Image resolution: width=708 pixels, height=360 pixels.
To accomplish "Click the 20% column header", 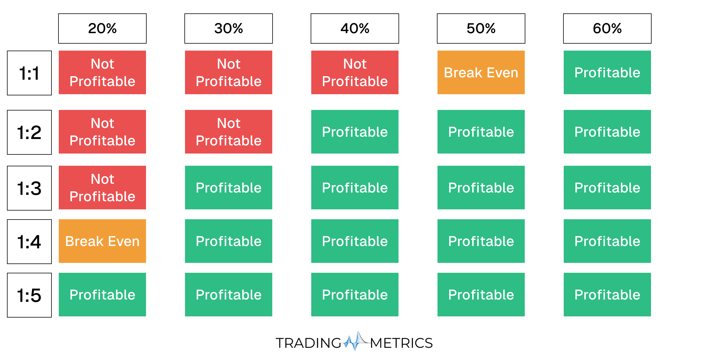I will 102,28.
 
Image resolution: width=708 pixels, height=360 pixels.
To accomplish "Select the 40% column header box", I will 355,28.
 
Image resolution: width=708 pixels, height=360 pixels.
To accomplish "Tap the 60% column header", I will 607,28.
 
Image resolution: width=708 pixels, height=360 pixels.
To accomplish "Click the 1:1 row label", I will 29,73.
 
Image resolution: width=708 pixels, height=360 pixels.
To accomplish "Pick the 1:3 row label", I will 29,188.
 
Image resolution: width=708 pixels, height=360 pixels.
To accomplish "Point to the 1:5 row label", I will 29,295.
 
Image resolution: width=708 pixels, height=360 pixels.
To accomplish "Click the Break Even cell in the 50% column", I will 481,72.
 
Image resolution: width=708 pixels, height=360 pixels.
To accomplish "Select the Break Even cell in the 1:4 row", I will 102,241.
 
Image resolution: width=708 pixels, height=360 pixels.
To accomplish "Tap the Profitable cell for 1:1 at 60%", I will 607,72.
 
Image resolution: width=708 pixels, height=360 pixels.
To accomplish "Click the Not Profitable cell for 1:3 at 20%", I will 102,188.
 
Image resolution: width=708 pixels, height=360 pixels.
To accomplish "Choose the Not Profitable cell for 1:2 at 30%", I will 229,132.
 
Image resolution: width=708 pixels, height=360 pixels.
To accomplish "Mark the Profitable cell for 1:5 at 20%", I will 102,295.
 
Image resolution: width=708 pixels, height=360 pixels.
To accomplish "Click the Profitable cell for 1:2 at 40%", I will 355,132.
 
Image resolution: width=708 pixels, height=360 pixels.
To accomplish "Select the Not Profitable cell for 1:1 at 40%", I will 355,72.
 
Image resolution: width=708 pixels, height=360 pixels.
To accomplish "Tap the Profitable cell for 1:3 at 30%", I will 229,188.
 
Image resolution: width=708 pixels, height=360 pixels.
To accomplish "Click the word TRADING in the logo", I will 308,343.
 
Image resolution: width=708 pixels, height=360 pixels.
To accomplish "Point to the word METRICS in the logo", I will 401,343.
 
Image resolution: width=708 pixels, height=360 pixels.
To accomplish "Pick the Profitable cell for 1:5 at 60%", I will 607,295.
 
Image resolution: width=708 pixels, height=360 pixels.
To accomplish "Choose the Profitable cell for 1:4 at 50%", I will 481,241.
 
